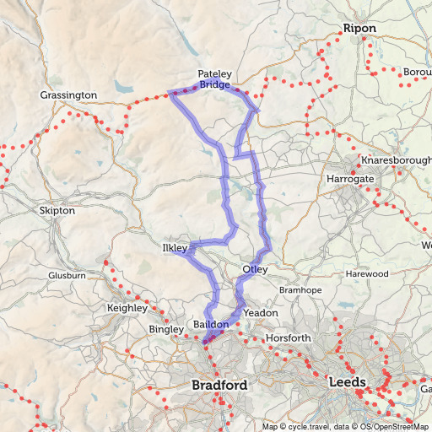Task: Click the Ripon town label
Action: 359,29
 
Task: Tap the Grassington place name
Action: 68,95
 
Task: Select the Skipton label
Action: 57,209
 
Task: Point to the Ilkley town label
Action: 174,249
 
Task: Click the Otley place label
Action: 255,270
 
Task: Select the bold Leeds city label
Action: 347,383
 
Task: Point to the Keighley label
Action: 127,309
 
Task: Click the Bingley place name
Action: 165,328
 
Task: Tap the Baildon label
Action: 211,325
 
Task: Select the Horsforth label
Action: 289,338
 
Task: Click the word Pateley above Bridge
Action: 214,74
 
